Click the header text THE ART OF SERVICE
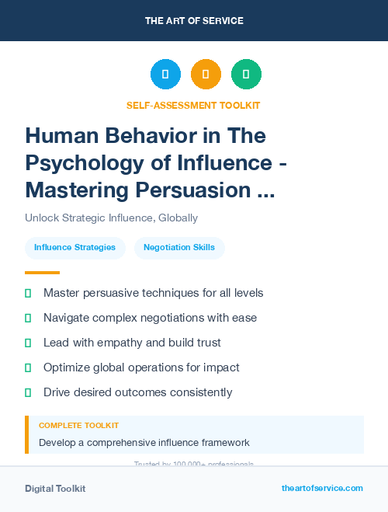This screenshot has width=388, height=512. (194, 21)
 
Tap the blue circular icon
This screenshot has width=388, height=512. (165, 74)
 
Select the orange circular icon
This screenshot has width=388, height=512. (206, 74)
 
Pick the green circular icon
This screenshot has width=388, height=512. (246, 74)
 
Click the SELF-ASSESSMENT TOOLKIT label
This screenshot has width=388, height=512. (193, 105)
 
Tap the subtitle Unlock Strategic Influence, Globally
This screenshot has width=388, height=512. (111, 218)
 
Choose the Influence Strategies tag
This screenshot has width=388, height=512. (74, 248)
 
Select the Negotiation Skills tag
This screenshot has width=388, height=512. (179, 248)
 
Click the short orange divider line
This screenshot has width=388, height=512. (42, 273)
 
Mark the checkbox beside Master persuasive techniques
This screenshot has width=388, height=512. (29, 294)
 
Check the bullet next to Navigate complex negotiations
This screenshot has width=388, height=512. (29, 319)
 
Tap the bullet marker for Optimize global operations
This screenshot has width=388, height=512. (29, 367)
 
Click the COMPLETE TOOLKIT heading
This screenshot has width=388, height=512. (78, 426)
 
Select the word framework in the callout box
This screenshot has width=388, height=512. (223, 443)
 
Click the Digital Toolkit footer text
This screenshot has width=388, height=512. (55, 489)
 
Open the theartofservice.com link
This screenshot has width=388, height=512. (322, 488)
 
